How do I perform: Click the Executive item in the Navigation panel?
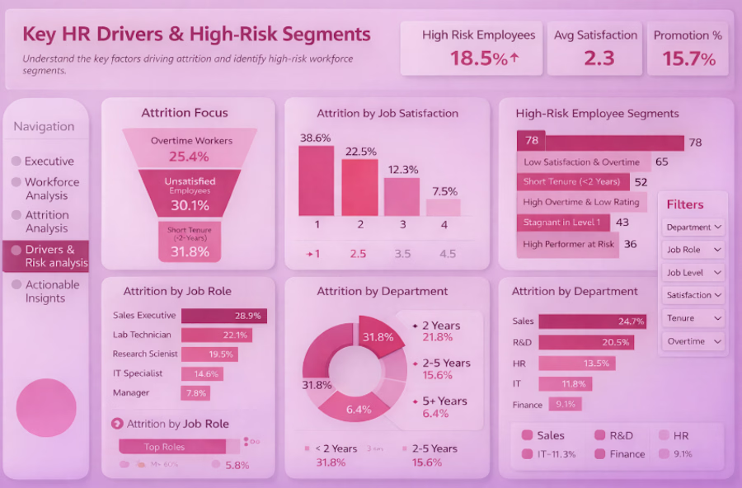[49, 162]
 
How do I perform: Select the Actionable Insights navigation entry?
[52, 291]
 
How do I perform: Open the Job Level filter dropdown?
[693, 273]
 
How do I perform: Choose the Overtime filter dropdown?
[693, 341]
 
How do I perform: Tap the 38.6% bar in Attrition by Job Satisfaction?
[316, 181]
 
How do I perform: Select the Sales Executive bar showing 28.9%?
[223, 316]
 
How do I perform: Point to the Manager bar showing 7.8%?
[195, 393]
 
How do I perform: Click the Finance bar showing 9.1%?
[560, 404]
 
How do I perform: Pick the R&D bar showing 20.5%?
[585, 342]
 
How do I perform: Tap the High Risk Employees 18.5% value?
[484, 59]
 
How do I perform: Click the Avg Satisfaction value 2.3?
[595, 59]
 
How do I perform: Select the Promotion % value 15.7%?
[688, 59]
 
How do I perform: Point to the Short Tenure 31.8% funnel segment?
[190, 243]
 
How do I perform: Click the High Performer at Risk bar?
[568, 244]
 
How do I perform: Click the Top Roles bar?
[172, 447]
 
